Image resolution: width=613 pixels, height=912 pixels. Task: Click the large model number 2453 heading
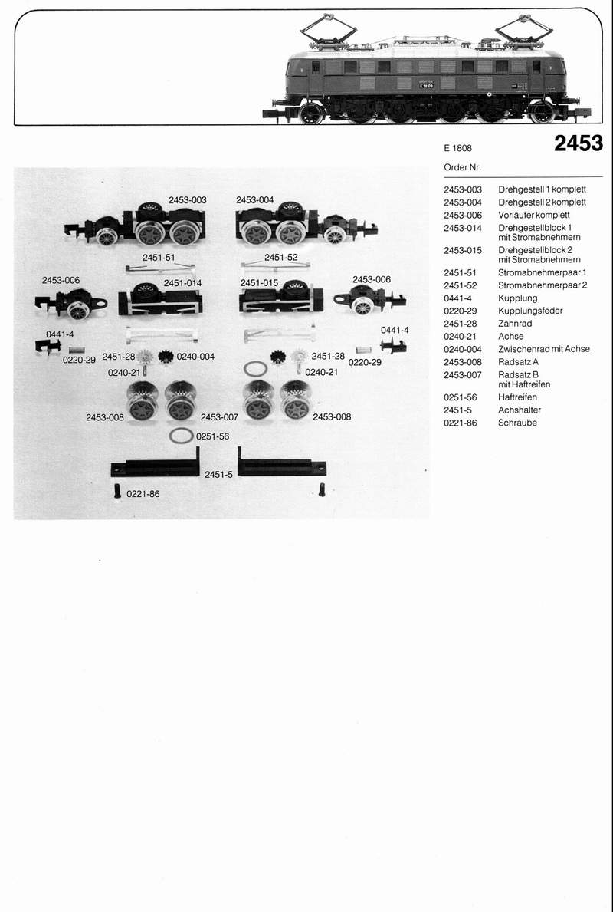tap(579, 143)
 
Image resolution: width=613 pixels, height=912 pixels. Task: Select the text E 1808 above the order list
tap(458, 148)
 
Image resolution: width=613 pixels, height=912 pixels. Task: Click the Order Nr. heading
tap(463, 167)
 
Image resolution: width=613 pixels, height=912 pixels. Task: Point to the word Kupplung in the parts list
tap(518, 298)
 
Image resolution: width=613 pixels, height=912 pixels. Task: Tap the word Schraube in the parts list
tap(517, 423)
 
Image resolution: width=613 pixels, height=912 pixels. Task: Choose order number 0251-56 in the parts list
tap(461, 397)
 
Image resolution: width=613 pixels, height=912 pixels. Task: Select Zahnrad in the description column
tap(515, 324)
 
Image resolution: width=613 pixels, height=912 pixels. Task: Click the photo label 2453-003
tap(188, 200)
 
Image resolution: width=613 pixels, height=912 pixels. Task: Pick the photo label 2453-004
tap(254, 200)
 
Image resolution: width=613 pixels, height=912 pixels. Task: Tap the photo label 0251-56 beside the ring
tap(213, 436)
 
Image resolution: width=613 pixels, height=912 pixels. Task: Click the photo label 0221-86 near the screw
tap(143, 494)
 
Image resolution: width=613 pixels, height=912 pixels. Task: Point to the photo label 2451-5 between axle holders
tap(218, 475)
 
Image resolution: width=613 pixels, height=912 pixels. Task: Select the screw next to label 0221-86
tap(117, 492)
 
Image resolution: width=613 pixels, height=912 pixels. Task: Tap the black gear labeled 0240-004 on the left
tap(166, 357)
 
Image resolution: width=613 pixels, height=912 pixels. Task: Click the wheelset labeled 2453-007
tap(181, 400)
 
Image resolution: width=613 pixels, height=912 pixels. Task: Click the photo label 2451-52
tap(280, 258)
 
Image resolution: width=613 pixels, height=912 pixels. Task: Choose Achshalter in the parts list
tap(520, 410)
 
